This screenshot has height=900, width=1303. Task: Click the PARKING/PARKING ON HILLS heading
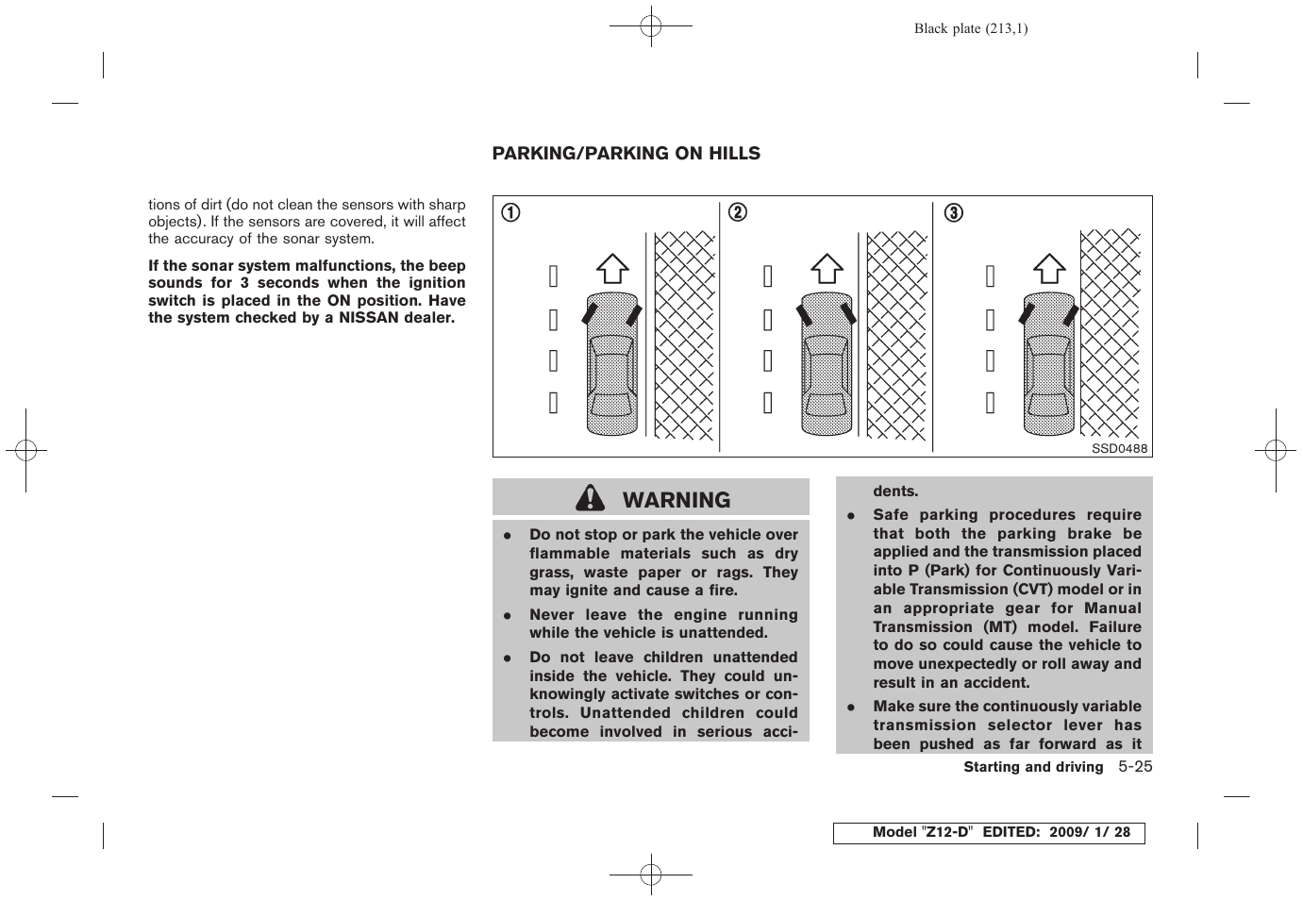click(626, 154)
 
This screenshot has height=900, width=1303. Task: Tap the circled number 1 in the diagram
click(510, 213)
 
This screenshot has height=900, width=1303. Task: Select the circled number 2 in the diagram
click(738, 213)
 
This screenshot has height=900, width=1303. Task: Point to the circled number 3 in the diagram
click(954, 213)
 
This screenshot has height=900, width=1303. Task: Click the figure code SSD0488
click(1119, 449)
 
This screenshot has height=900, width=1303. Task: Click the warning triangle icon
click(592, 498)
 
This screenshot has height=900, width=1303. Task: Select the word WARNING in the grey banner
click(677, 500)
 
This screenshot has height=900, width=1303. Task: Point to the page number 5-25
click(1136, 766)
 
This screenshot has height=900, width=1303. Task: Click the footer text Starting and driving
click(1033, 767)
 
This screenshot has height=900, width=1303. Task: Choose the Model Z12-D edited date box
click(988, 833)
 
